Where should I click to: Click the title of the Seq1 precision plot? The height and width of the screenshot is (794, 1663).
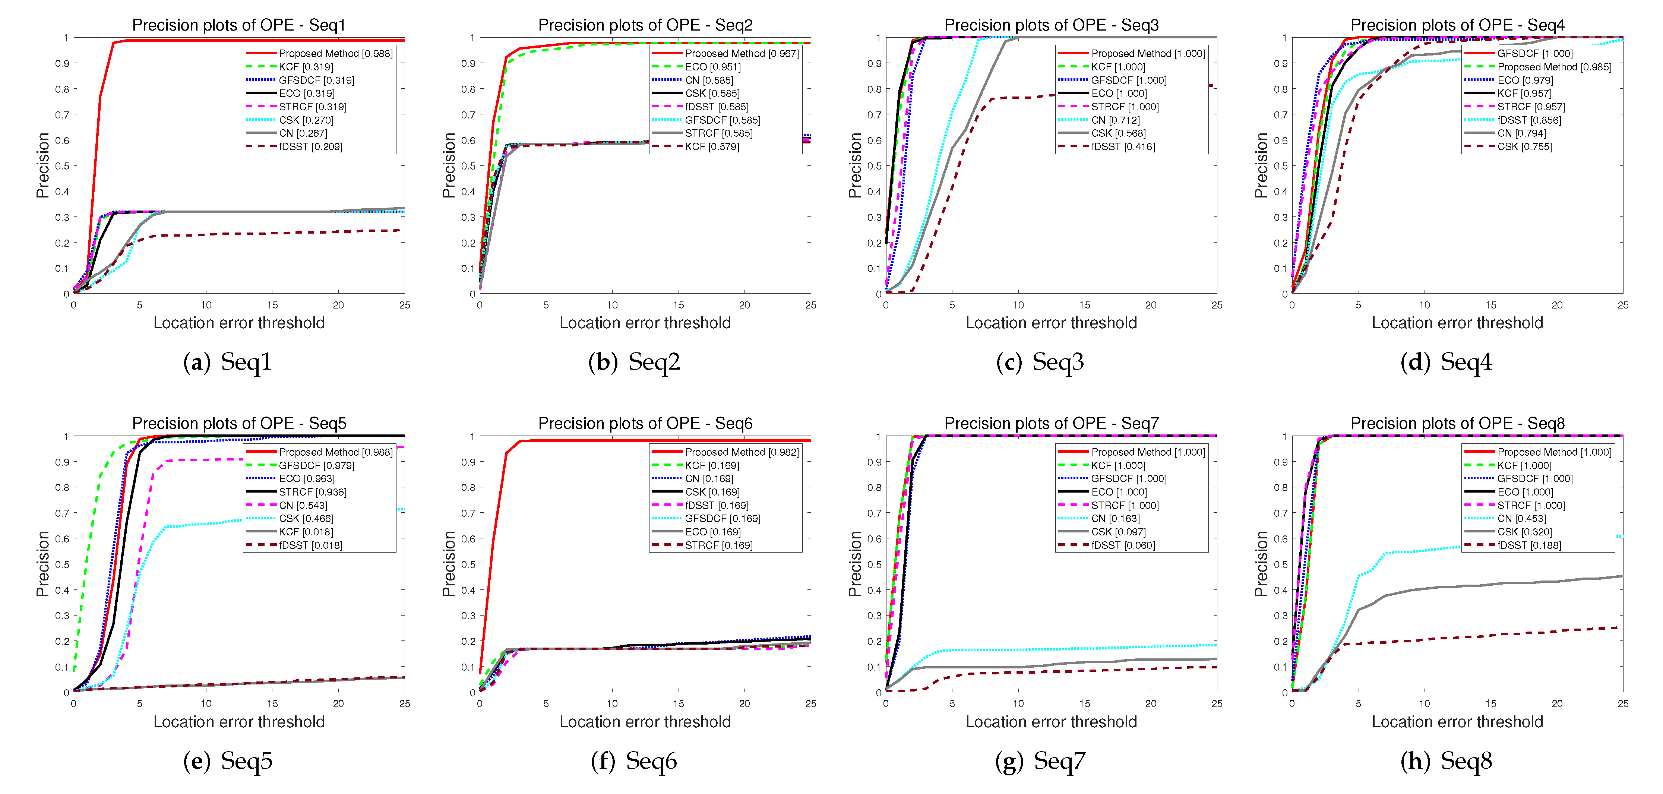coord(239,25)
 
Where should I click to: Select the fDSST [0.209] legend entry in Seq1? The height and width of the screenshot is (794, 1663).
coord(310,146)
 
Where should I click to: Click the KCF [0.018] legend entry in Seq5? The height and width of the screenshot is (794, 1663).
coord(306,532)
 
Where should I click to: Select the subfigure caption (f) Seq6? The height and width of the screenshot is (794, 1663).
coord(634,761)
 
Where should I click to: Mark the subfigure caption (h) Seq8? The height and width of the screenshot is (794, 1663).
coord(1446,761)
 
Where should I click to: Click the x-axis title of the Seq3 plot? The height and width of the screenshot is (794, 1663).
coord(1051,323)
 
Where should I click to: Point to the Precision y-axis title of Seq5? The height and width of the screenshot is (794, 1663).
coord(42,563)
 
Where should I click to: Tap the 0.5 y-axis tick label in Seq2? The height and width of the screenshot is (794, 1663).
coord(468,166)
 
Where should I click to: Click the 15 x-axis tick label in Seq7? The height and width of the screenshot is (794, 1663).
coord(1085,703)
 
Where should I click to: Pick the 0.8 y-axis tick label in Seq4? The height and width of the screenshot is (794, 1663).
coord(1280,89)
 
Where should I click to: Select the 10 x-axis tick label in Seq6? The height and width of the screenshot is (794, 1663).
coord(612,703)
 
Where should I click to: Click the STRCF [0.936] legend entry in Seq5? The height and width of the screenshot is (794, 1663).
coord(313,492)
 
